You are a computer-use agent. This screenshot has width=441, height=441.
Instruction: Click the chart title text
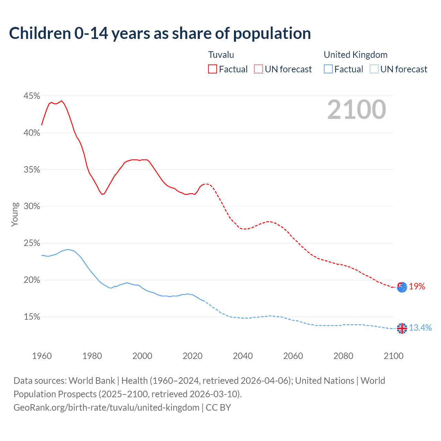click(x=160, y=33)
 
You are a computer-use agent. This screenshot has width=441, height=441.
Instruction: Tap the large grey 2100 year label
click(x=357, y=110)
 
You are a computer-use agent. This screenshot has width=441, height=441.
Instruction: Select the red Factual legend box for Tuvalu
click(x=213, y=69)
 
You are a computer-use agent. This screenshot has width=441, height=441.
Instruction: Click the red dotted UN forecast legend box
click(x=258, y=69)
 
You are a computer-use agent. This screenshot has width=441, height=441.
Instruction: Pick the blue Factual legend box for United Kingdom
click(x=328, y=69)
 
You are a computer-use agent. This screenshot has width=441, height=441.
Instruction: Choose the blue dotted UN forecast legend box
click(x=374, y=69)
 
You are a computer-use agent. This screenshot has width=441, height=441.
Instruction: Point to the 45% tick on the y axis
click(x=32, y=96)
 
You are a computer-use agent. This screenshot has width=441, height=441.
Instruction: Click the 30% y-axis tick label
click(x=32, y=206)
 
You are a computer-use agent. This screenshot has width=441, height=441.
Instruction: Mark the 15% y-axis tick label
click(x=32, y=317)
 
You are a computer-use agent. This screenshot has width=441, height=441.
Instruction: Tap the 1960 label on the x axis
click(x=42, y=356)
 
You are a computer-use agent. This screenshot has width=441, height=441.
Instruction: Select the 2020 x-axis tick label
click(x=193, y=356)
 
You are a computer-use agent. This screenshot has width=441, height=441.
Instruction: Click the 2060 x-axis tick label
click(x=293, y=356)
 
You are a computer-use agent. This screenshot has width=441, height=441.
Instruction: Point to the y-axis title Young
click(x=14, y=214)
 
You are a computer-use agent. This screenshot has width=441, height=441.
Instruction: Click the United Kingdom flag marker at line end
click(x=402, y=328)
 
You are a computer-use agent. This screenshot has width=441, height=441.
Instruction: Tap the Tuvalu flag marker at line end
click(x=402, y=287)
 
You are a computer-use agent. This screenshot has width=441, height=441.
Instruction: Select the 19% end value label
click(x=417, y=287)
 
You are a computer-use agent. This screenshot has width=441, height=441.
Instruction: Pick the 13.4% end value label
click(x=420, y=328)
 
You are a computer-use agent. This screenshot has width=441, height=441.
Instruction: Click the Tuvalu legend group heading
click(x=221, y=55)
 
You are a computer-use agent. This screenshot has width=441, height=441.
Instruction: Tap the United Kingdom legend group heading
click(x=356, y=55)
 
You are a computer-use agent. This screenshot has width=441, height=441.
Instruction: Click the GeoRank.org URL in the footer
click(x=106, y=408)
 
